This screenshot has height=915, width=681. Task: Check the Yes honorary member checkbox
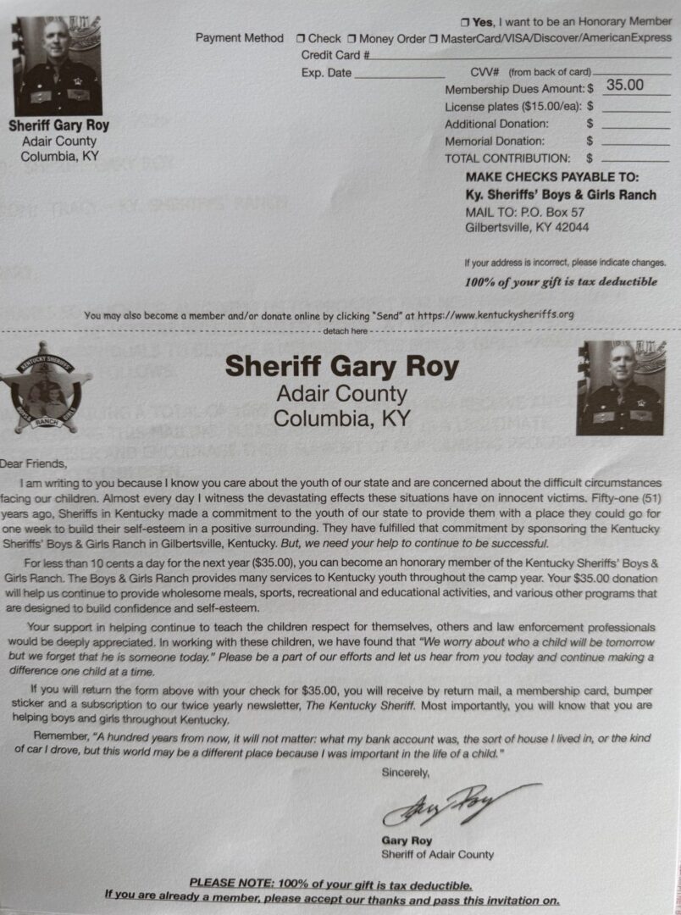point(464,21)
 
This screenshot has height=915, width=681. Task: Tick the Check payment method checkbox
point(301,38)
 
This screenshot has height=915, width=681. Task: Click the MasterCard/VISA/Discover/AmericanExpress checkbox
point(434,38)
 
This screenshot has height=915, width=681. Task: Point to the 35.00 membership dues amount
point(625,85)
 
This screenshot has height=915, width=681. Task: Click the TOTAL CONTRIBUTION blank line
point(635,158)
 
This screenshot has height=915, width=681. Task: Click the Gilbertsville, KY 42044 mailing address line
point(528,227)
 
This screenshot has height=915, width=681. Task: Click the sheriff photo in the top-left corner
point(58,66)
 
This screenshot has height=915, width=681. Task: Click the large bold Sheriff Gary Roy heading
point(341,367)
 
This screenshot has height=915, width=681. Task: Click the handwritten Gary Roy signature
point(457,806)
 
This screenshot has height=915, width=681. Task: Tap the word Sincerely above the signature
point(406,772)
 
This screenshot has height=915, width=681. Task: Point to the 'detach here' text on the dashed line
point(346,331)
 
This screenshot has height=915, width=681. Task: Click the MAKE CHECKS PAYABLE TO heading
point(551,177)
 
